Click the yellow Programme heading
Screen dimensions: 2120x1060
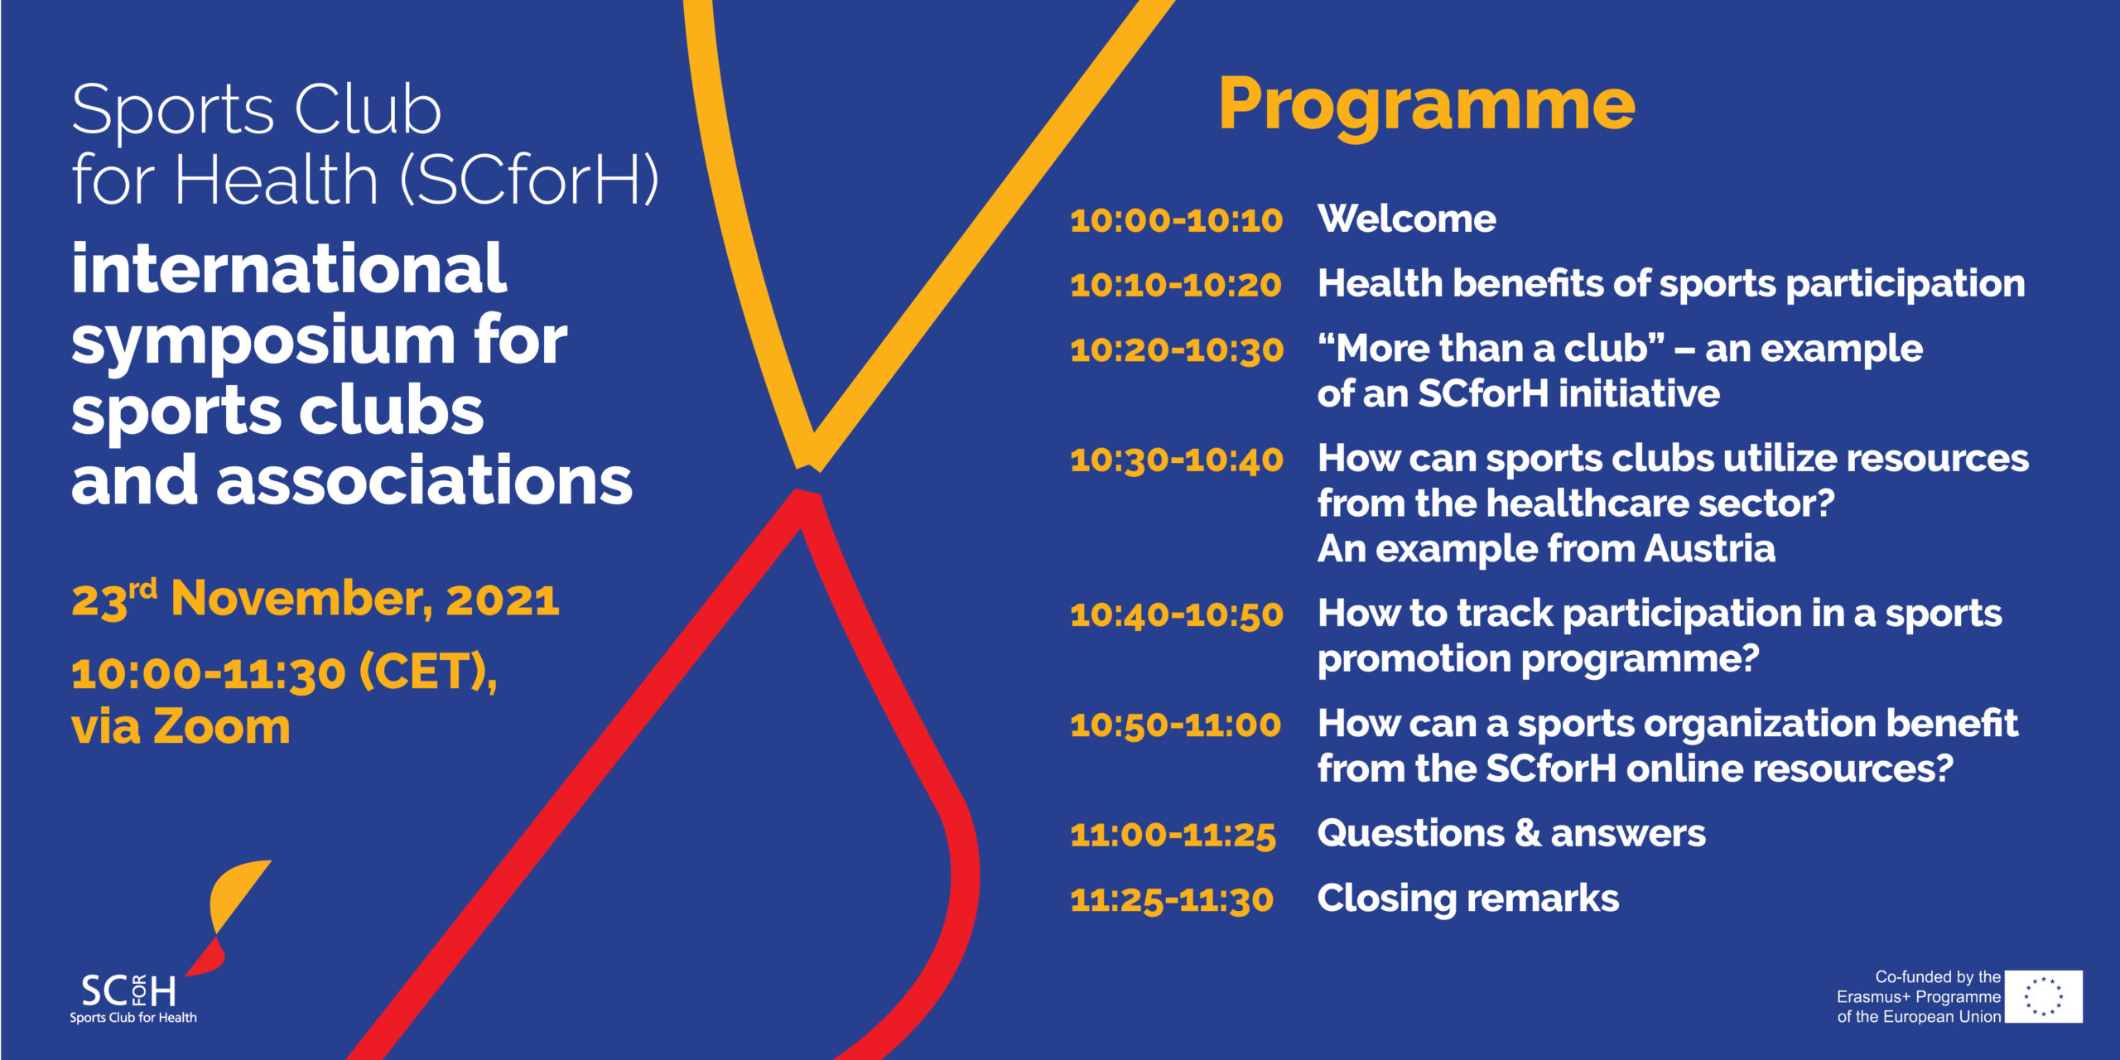(1427, 106)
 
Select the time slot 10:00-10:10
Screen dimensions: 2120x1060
(1176, 220)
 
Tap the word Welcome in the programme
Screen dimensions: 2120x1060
(1407, 219)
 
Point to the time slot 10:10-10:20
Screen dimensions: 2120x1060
(1176, 285)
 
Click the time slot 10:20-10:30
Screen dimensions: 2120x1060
(1177, 349)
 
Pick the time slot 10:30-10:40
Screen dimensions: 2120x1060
(1177, 460)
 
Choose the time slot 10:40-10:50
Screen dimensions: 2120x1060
(1177, 614)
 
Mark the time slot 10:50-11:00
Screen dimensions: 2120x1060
(1176, 725)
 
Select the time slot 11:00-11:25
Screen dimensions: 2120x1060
(1173, 835)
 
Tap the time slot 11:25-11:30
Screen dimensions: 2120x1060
(1172, 900)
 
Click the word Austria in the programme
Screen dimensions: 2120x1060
(1710, 548)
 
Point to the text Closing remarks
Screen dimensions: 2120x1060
(1468, 899)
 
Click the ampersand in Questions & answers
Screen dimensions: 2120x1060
(1527, 833)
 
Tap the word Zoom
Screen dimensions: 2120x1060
(222, 726)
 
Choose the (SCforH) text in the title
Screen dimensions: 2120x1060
(530, 180)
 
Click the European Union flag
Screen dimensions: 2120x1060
(2044, 997)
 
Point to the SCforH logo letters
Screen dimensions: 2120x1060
(128, 990)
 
